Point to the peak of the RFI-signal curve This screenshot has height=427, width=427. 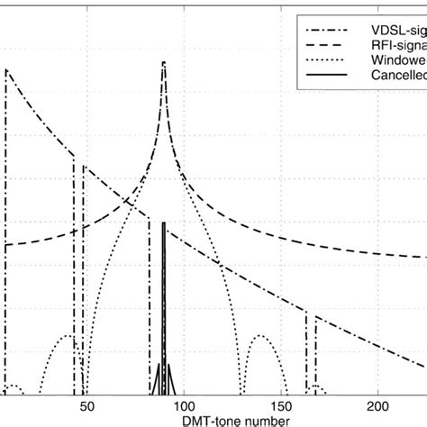[x=163, y=62]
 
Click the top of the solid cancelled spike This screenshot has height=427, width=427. [x=163, y=223]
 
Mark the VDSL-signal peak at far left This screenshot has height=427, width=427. [x=6, y=71]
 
